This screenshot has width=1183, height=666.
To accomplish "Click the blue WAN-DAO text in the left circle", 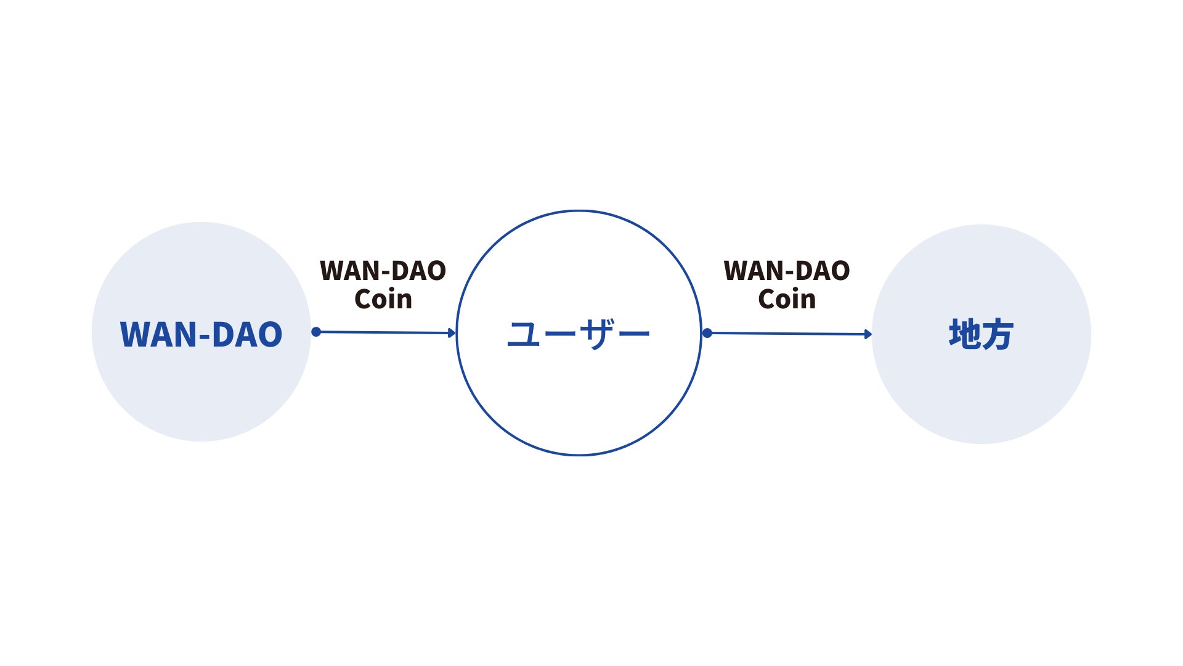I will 201,335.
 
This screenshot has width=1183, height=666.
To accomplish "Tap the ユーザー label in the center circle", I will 578,335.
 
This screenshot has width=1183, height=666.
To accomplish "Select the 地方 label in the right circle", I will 981,335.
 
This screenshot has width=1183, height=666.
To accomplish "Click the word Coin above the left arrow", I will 383,300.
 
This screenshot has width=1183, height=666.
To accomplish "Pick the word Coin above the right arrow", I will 787,300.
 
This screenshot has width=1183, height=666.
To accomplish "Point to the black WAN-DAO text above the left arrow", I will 383,271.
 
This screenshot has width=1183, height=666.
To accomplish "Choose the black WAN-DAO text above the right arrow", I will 787,271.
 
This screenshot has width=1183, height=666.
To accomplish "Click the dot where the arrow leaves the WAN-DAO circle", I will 316,332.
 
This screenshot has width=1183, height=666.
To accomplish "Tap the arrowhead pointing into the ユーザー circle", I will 452,333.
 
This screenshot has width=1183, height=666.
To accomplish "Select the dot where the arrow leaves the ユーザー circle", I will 707,333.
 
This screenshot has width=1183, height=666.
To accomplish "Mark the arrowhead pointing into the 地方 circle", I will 868,334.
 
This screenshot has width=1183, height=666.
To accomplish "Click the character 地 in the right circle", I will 964,335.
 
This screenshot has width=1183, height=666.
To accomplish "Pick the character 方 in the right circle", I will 998,335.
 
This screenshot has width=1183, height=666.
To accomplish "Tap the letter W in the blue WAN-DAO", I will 135,335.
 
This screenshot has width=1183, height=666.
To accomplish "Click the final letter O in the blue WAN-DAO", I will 268,335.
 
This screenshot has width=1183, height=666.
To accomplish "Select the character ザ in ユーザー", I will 596,335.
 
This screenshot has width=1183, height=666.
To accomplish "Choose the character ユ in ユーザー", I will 524,335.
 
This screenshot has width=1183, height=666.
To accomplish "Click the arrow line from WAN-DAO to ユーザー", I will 385,332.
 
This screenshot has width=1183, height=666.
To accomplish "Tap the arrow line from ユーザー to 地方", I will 789,334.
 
